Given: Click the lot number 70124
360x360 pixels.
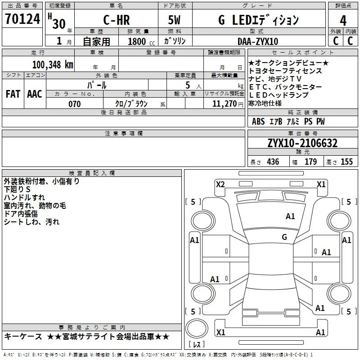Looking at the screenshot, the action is [x=22, y=19].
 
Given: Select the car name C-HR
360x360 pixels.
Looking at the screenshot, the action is [x=117, y=20].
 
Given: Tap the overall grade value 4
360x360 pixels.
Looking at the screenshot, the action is [x=343, y=21].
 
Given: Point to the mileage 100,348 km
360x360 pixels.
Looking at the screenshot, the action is [x=53, y=65].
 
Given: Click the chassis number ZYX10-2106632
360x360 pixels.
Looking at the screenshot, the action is [x=302, y=143].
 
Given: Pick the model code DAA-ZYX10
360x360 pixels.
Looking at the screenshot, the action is [x=258, y=41].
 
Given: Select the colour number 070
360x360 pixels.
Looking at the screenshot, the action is [x=75, y=104].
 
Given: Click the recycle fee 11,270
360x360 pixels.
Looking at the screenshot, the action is [x=224, y=104].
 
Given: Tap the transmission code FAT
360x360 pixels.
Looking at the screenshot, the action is [x=13, y=94].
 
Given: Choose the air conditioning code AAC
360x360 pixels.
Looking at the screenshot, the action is [x=35, y=94].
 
